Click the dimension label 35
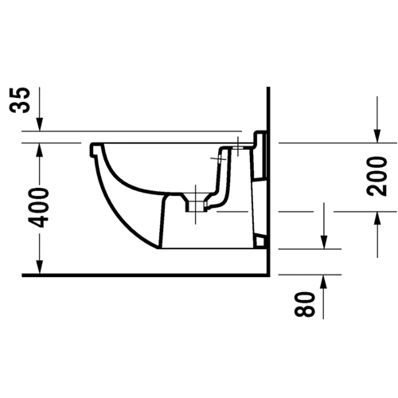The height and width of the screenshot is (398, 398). [19, 100]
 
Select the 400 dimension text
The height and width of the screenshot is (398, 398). [39, 208]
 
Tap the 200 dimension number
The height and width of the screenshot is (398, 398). [377, 177]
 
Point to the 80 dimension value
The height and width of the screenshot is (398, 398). [305, 304]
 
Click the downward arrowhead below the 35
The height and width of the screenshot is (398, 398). [39, 124]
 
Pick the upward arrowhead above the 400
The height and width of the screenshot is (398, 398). [39, 150]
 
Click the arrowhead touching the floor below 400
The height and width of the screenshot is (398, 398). [39, 267]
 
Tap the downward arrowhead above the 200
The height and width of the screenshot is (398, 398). [377, 136]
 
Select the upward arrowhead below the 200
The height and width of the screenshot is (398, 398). [377, 219]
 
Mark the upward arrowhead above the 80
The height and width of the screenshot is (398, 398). [323, 282]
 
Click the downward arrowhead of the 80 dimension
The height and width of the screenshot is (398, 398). [323, 242]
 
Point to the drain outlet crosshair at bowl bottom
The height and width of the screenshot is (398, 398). [196, 205]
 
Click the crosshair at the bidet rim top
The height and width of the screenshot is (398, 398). [237, 146]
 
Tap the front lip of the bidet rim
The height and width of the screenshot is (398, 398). [93, 150]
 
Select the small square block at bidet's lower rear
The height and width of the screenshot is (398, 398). [259, 241]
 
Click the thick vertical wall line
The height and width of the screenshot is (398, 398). [268, 181]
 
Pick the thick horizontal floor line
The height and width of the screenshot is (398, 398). [146, 275]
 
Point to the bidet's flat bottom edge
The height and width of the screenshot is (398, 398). [207, 248]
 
